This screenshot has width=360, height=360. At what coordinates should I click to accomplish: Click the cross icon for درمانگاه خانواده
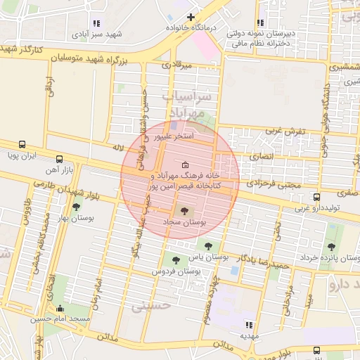(x=190, y=16)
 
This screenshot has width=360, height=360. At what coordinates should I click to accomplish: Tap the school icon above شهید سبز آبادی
(x=96, y=23)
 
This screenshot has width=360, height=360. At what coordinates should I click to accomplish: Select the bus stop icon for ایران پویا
(x=23, y=143)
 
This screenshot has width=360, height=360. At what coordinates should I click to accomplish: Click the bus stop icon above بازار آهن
(x=59, y=159)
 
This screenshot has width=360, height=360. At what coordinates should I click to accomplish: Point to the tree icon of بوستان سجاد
(x=184, y=210)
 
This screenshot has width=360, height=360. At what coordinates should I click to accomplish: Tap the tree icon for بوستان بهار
(x=76, y=206)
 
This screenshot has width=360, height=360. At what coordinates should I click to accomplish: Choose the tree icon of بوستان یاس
(x=207, y=245)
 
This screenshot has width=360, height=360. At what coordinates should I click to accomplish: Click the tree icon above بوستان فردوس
(x=175, y=261)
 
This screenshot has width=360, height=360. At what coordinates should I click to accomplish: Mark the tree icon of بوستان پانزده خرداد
(x=331, y=246)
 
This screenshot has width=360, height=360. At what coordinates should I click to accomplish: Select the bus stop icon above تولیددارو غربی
(x=317, y=197)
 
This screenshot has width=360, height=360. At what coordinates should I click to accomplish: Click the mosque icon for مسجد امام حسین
(x=60, y=307)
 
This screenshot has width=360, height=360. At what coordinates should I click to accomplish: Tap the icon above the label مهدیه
(x=248, y=324)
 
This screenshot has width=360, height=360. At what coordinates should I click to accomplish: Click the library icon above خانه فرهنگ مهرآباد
(x=175, y=165)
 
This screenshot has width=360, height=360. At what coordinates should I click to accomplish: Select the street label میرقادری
(x=176, y=65)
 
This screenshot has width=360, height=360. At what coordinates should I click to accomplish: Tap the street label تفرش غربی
(x=283, y=131)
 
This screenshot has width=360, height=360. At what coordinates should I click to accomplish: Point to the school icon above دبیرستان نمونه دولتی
(x=287, y=22)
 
